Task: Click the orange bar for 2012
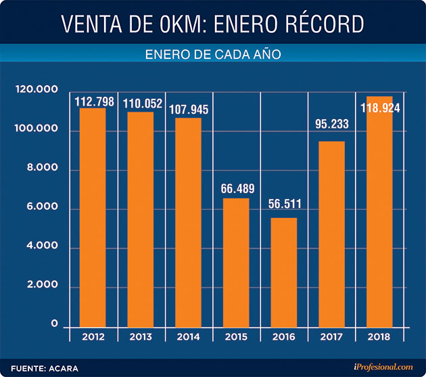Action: [93, 217]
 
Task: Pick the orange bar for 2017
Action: [330, 234]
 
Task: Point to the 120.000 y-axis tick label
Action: [36, 91]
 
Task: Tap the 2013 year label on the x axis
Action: [140, 336]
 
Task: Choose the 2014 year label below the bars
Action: [187, 336]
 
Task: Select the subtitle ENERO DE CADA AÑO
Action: [213, 54]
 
